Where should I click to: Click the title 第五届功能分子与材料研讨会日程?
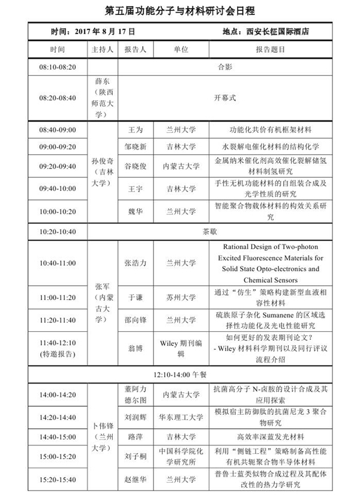pyautogui.click(x=180, y=10)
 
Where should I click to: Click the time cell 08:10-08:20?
pyautogui.click(x=58, y=67)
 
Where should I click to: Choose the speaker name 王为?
pyautogui.click(x=135, y=130)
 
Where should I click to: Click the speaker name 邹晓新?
pyautogui.click(x=135, y=146)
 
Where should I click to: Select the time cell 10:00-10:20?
pyautogui.click(x=58, y=211)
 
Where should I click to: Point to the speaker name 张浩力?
pyautogui.click(x=135, y=263)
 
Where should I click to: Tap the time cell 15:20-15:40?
pyautogui.click(x=58, y=480)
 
